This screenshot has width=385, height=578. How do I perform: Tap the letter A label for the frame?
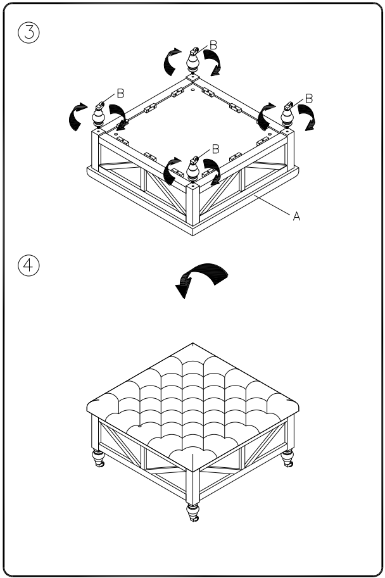(296, 216)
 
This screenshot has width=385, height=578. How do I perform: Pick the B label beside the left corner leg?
(120, 92)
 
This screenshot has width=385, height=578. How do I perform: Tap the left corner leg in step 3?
(99, 115)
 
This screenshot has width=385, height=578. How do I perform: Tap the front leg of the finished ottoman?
(192, 512)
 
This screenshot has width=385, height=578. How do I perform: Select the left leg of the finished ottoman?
(99, 458)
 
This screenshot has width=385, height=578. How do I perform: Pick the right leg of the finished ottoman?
(288, 458)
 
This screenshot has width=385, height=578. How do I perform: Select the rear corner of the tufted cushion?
(193, 346)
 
